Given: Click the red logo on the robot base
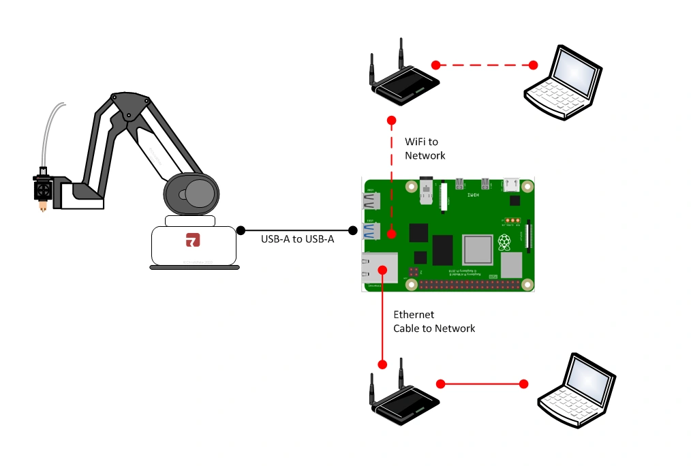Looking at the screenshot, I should (193, 240).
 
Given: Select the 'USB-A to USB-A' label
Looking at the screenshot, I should (297, 239).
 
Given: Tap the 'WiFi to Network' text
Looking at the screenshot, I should (425, 149).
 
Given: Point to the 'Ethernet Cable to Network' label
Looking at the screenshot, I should (433, 322).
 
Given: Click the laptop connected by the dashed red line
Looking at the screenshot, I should (563, 82).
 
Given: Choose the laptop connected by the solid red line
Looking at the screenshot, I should (577, 392).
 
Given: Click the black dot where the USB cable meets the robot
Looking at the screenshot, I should (240, 230).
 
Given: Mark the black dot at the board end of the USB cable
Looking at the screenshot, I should (353, 230).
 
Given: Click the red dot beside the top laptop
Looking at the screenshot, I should (533, 65).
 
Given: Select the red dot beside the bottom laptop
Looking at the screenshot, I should (523, 384).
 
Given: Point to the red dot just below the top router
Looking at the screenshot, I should (391, 121).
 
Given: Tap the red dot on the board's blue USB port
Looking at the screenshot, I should (391, 234).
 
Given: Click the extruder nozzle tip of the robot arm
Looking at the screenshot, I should (43, 207).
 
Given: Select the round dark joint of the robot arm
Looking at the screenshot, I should (191, 193).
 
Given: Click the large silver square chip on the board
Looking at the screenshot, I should (477, 249).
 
